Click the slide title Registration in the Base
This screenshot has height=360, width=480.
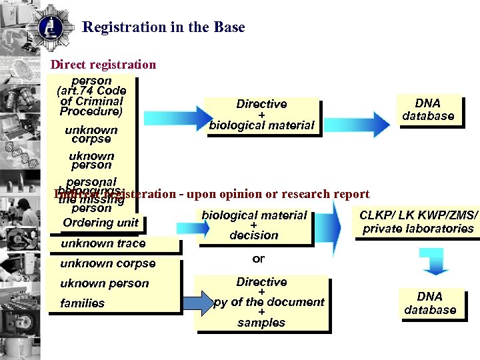(x=163, y=27)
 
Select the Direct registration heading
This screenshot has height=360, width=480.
(x=103, y=65)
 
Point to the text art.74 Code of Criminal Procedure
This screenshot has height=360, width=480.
(x=92, y=101)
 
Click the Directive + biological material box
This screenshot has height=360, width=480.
(x=262, y=115)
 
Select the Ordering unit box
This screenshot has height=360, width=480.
(x=101, y=223)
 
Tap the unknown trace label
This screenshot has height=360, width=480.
(x=103, y=243)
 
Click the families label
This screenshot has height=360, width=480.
(x=82, y=303)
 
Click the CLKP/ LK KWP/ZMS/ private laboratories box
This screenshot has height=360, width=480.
(x=418, y=222)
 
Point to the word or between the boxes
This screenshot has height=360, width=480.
(x=259, y=259)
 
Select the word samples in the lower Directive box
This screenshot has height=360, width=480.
(x=261, y=323)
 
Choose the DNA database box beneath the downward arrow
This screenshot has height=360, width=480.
(x=430, y=303)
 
